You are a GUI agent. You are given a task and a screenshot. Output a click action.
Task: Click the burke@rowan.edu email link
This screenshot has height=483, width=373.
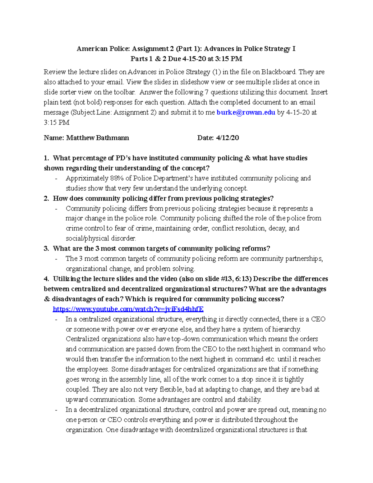[246, 112]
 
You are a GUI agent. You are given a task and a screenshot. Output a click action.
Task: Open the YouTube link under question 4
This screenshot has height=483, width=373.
[128, 309]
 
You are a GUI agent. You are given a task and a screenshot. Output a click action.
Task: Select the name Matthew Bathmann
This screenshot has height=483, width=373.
[97, 138]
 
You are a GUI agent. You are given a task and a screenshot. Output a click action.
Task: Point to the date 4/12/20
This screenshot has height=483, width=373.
[227, 138]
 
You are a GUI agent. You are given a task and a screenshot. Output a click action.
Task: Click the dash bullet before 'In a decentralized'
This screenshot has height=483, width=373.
[56, 410]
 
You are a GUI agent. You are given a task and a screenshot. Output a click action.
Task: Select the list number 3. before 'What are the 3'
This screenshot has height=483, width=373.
[46, 248]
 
